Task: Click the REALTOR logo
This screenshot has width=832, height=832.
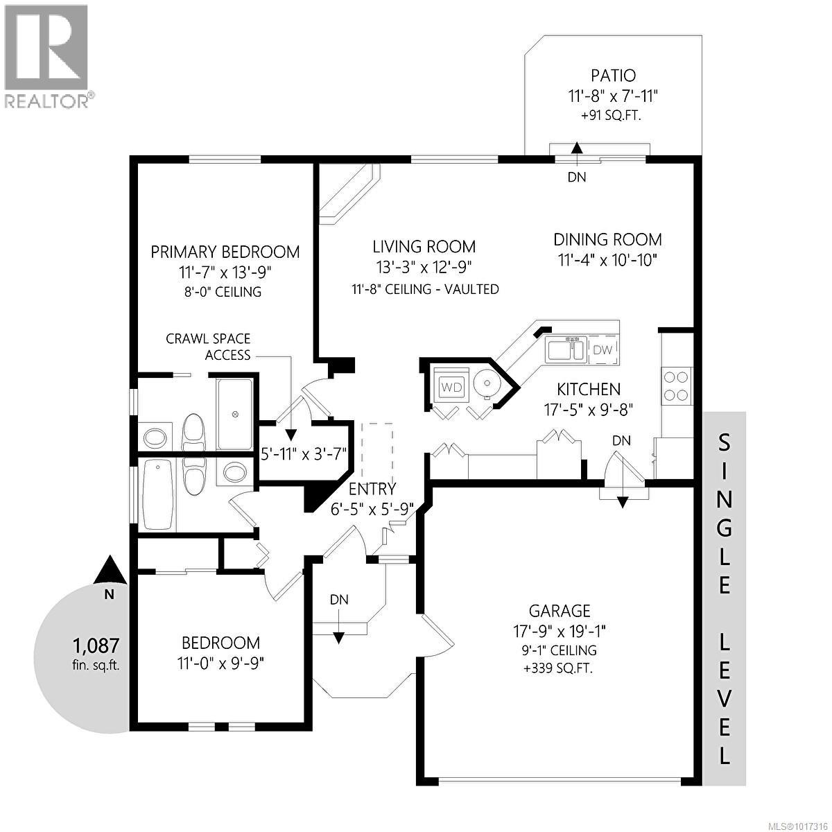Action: (x=46, y=55)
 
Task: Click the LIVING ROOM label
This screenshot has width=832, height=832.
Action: (x=424, y=246)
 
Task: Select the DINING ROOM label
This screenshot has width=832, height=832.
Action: (x=607, y=240)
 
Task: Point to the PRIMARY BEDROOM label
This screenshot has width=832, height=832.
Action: (x=225, y=252)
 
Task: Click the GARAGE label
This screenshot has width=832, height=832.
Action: (x=560, y=611)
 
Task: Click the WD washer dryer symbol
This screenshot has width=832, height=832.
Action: (x=451, y=387)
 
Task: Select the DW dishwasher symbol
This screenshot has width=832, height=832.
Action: (x=603, y=350)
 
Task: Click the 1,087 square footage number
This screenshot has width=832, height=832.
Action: (x=96, y=646)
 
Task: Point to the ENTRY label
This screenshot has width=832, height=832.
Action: (x=372, y=489)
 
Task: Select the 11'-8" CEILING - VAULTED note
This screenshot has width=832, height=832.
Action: (x=425, y=289)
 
